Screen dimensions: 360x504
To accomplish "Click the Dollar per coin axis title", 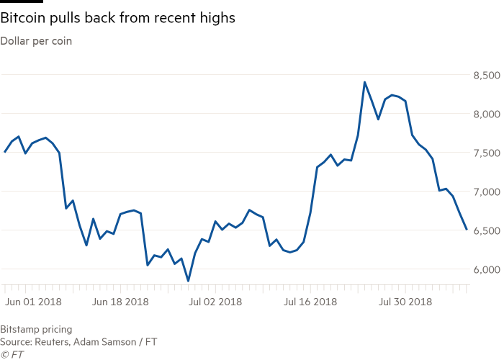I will click(x=36, y=40).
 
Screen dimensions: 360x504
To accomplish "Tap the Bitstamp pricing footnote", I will click(x=36, y=329).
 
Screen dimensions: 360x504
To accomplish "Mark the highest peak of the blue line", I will click(x=364, y=82).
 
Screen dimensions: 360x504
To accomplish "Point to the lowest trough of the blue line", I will click(x=188, y=281).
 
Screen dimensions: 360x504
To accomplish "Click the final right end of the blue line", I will click(x=467, y=229).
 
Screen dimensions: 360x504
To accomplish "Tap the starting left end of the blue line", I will click(x=4, y=152).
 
